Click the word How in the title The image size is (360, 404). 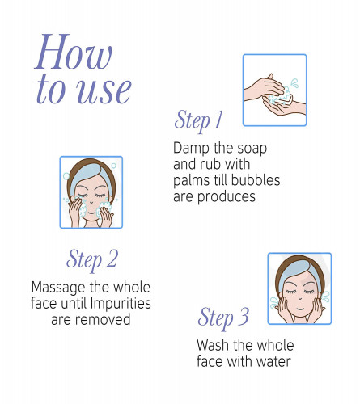[74, 52]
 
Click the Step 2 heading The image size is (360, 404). [92, 259]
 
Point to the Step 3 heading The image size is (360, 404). [223, 318]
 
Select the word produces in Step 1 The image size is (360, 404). [227, 197]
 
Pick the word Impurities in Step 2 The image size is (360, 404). [121, 303]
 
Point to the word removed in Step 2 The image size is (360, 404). [103, 320]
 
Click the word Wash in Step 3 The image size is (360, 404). [213, 345]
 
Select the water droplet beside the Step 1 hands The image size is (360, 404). [294, 82]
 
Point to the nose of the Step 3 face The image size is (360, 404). [299, 299]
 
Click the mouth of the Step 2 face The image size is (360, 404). [91, 213]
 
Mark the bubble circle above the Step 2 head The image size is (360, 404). [113, 166]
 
